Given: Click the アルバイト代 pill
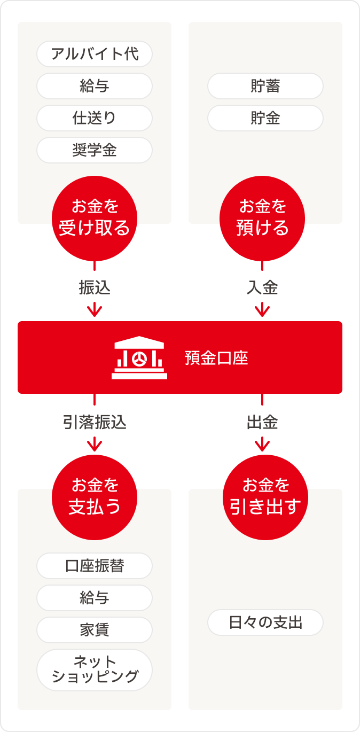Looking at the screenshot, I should click(95, 54).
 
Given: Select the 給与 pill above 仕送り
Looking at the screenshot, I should click(95, 86).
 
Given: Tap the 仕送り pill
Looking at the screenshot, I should click(95, 118).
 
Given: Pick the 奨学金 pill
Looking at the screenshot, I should click(95, 150).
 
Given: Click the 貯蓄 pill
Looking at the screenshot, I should click(265, 86).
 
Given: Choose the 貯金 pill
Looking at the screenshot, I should click(265, 118).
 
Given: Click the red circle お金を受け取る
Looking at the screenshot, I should click(95, 219).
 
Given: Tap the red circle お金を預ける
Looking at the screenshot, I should click(262, 219).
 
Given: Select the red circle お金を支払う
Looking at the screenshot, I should click(95, 497).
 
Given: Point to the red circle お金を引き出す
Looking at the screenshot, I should click(265, 497).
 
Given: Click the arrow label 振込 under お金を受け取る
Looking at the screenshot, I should click(95, 288).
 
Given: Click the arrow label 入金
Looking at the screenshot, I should click(262, 288).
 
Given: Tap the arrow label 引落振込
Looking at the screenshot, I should click(95, 423).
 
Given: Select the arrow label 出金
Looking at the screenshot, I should click(262, 423).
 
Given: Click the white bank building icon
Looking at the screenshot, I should click(139, 357).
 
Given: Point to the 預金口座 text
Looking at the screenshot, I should click(216, 358).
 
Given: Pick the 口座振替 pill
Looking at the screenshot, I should click(95, 566).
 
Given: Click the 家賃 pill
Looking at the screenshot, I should click(95, 630).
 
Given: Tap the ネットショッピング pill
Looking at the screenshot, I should click(95, 670).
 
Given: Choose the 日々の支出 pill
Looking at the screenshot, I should click(265, 622).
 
